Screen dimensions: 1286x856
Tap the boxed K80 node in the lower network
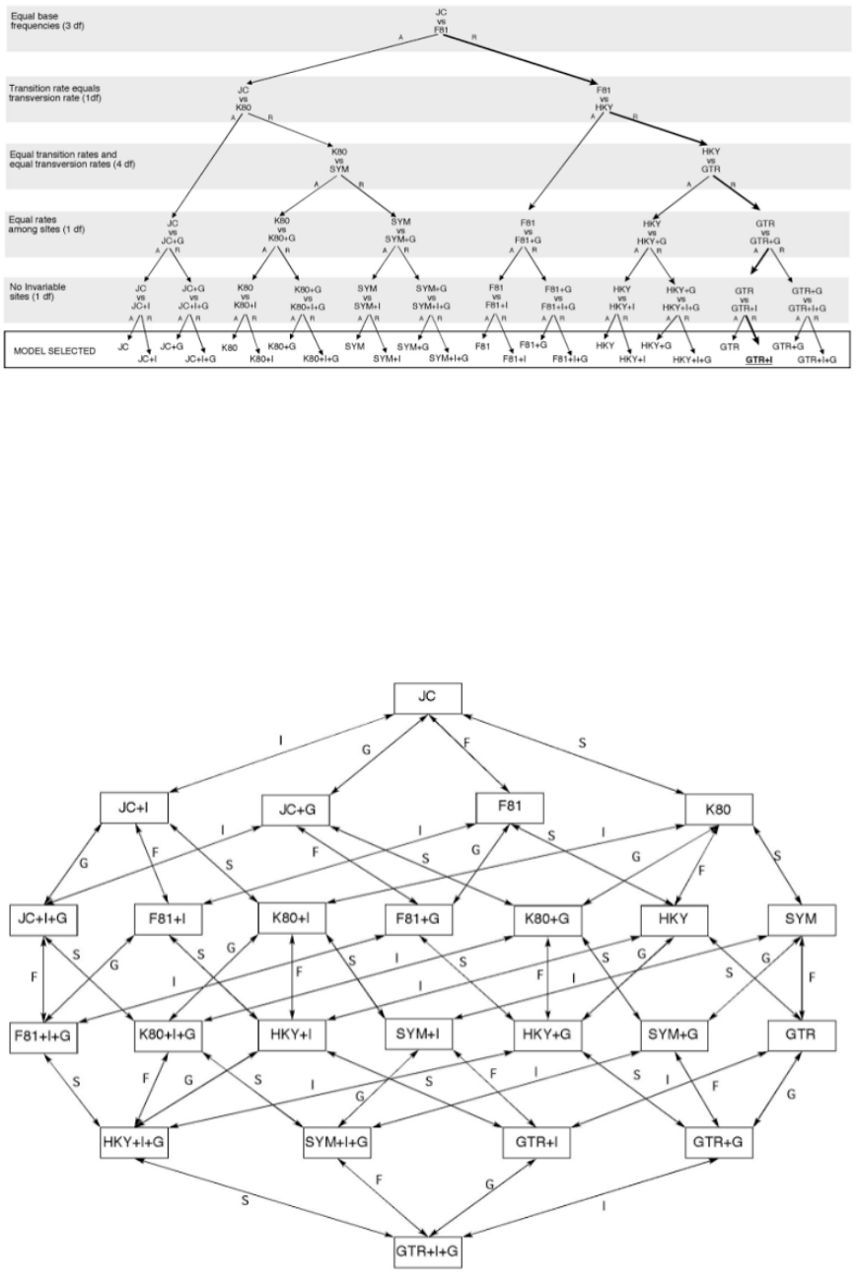pos(720,810)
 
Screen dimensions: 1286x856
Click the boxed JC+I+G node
pos(44,920)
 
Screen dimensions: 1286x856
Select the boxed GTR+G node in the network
pos(718,1142)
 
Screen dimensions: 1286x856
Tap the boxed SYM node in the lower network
pos(801,920)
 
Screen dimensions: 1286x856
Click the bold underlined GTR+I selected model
pos(754,360)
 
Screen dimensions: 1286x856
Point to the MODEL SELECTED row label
pos(42,351)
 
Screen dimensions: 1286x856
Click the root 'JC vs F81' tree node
pos(441,20)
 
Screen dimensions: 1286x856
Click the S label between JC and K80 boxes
pos(581,738)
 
